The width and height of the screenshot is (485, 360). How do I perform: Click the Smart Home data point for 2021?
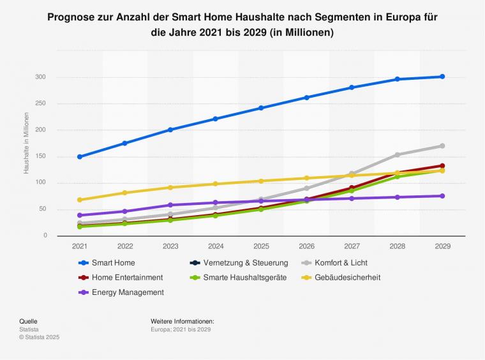point(80,156)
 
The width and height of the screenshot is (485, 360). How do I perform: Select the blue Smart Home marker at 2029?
point(442,77)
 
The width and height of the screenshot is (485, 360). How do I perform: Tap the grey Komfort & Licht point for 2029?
point(442,146)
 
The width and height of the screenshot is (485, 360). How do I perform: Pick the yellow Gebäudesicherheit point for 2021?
point(80,200)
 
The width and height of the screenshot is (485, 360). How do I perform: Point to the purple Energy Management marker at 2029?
point(442,196)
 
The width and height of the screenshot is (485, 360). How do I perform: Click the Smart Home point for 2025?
point(261,108)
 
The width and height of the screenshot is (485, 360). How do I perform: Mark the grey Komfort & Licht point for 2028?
point(397,154)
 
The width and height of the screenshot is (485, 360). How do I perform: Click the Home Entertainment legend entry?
point(127,278)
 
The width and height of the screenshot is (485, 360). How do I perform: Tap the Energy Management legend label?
point(128,292)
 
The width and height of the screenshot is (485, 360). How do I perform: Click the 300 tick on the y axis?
point(41,77)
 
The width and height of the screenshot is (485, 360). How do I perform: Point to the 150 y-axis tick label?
point(41,156)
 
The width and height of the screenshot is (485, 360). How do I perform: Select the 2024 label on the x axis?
point(216,246)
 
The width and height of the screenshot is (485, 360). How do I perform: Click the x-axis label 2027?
point(352,246)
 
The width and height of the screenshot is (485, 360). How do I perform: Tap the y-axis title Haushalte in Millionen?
point(27,143)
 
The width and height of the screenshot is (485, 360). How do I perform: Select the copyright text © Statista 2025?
point(39,337)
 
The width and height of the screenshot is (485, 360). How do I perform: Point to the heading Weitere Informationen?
point(182,321)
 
